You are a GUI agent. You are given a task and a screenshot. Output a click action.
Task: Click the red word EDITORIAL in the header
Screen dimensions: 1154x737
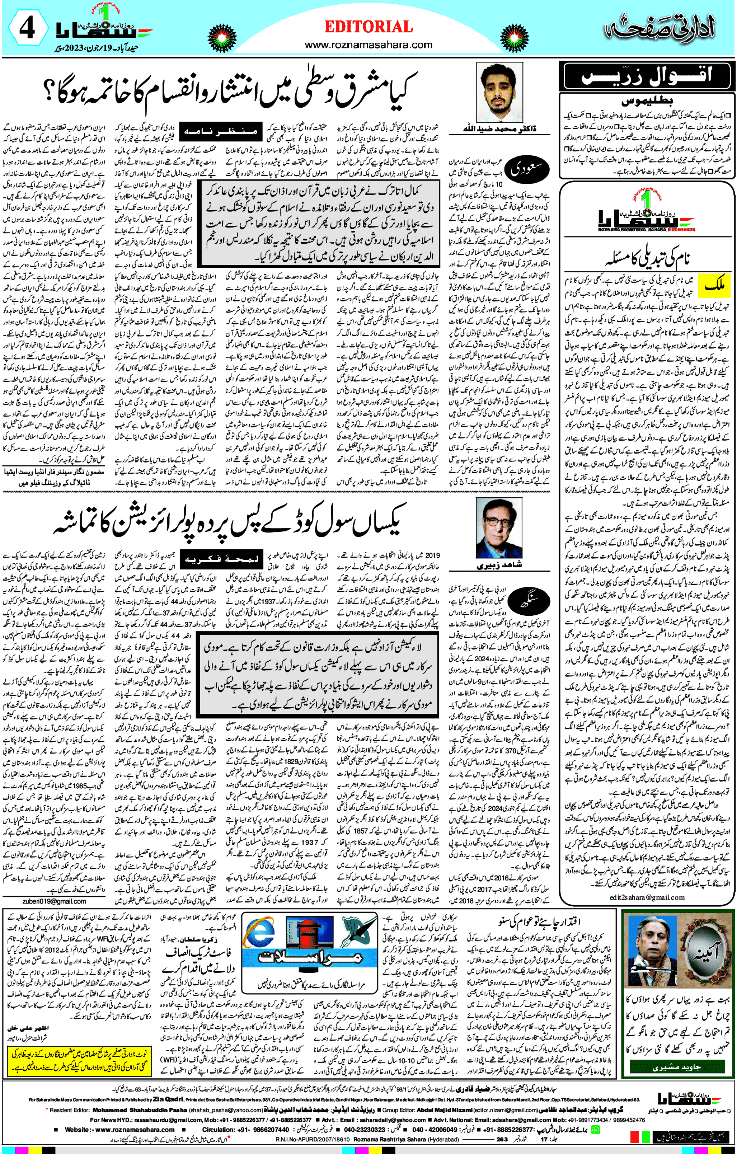(x=368, y=27)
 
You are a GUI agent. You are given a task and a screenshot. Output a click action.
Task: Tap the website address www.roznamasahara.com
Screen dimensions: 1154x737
(x=368, y=45)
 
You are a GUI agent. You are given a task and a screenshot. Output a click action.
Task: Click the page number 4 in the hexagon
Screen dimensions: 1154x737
(x=27, y=29)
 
